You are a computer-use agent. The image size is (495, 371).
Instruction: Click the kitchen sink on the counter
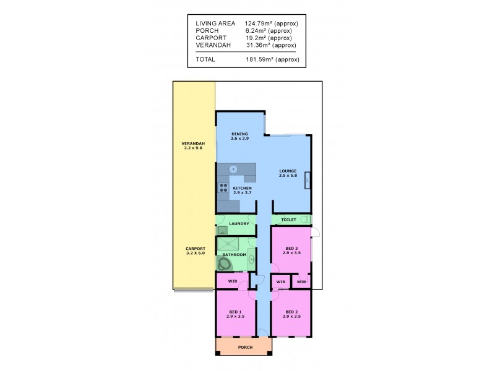click(234, 169)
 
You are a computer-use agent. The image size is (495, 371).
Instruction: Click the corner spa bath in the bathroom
click(224, 263)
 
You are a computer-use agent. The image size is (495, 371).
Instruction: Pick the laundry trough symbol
click(222, 230)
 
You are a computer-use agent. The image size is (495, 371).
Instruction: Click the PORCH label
click(243, 348)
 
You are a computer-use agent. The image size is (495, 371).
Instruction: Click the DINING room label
click(239, 134)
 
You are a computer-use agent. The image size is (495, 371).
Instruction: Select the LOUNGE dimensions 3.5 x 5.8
click(288, 176)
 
